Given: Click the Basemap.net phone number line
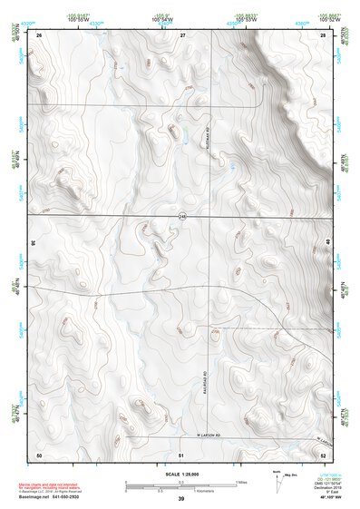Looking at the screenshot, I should (x=51, y=497).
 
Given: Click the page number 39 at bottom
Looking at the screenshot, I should (x=180, y=499).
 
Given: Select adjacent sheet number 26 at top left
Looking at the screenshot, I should (x=40, y=34).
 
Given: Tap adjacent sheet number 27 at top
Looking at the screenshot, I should (x=181, y=34).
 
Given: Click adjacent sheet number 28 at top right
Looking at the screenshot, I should (x=322, y=34).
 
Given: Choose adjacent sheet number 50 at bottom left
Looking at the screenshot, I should (x=39, y=454).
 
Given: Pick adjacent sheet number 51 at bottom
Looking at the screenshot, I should (x=181, y=454).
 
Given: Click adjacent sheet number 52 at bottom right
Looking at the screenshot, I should (x=323, y=454).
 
